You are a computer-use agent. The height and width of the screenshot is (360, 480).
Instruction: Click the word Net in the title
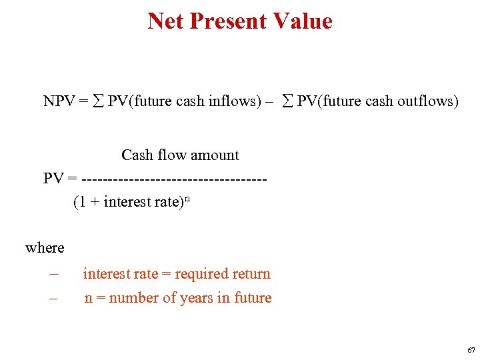[166, 21]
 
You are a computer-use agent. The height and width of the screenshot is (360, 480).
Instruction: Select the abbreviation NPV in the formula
[59, 101]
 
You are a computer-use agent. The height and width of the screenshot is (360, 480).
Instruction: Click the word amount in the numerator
[213, 155]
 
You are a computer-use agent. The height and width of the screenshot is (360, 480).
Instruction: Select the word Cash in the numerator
[137, 155]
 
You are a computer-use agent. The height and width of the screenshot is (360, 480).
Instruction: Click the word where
[45, 248]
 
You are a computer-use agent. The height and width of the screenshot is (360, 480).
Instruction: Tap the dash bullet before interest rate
[54, 274]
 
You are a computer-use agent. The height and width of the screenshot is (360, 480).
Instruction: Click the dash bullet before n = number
[54, 299]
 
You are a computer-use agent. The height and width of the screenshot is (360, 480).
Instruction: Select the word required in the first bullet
[201, 274]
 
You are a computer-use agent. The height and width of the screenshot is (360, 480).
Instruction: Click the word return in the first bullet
[250, 274]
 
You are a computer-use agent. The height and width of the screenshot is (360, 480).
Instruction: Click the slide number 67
[471, 350]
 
